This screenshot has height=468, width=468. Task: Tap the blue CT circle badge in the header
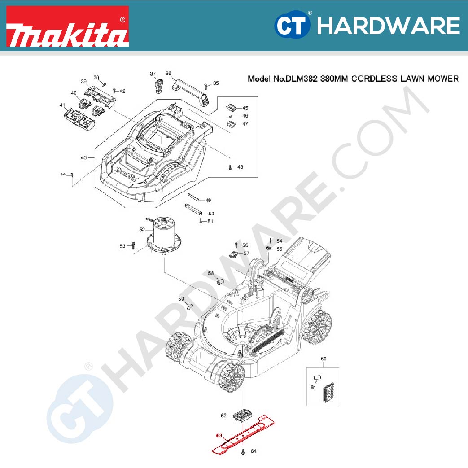click(292, 26)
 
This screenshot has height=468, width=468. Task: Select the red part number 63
click(219, 435)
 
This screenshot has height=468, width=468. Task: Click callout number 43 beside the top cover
click(84, 157)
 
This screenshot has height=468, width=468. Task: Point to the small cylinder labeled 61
click(318, 376)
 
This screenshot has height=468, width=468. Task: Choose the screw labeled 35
click(205, 85)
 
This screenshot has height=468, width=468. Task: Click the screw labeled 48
click(230, 167)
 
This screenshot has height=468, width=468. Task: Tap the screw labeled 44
click(72, 175)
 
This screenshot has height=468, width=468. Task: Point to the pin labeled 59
click(189, 306)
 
